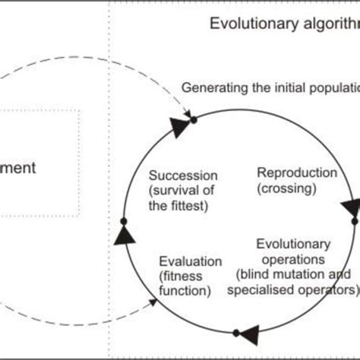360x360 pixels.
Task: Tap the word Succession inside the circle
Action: coord(183,174)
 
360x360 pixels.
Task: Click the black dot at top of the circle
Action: coord(194,119)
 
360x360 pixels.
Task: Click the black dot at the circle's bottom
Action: coord(236,331)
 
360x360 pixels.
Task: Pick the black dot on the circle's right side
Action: coord(354,221)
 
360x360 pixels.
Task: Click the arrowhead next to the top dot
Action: coord(178,128)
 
